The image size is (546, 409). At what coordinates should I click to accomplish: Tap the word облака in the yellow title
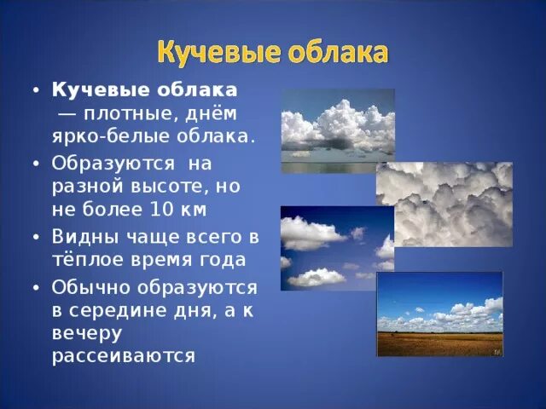pyautogui.click(x=336, y=51)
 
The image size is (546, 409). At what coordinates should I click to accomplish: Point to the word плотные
pyautogui.click(x=127, y=112)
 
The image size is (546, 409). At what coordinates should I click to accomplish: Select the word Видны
pyautogui.click(x=81, y=235)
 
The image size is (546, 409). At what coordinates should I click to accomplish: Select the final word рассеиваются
pyautogui.click(x=124, y=355)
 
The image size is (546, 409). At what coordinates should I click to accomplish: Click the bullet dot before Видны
pyautogui.click(x=35, y=236)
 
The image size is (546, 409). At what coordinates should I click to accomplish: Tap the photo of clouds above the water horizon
pyautogui.click(x=338, y=131)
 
